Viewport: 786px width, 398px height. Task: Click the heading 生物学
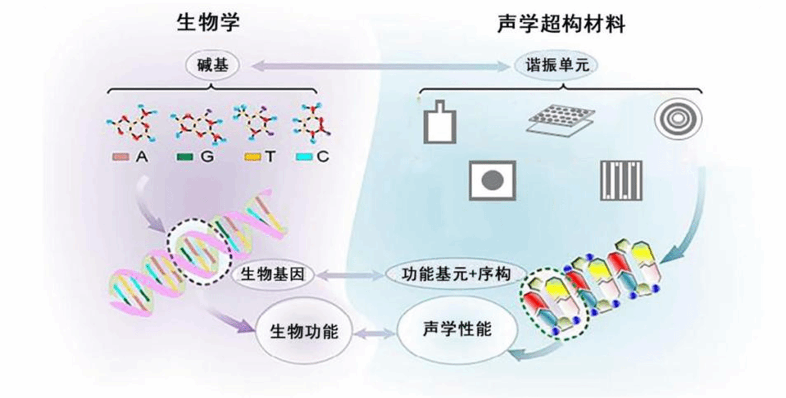pyautogui.click(x=208, y=23)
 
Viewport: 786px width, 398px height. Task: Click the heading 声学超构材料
pyautogui.click(x=561, y=24)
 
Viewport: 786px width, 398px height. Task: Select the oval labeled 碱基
pyautogui.click(x=212, y=65)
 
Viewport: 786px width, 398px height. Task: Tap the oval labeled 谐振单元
pyautogui.click(x=556, y=65)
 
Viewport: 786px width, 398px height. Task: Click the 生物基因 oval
pyautogui.click(x=272, y=274)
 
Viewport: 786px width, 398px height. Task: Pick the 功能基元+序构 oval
pyautogui.click(x=456, y=274)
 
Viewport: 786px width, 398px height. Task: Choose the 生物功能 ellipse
pyautogui.click(x=304, y=331)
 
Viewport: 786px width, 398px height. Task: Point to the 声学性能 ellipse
pyautogui.click(x=457, y=329)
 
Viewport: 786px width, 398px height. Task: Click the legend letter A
pyautogui.click(x=142, y=157)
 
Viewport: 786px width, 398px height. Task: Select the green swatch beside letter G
pyautogui.click(x=184, y=157)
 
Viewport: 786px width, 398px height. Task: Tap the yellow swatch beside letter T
pyautogui.click(x=253, y=157)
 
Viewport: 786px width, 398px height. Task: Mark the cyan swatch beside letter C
pyautogui.click(x=304, y=157)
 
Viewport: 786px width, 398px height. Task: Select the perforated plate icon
pyautogui.click(x=560, y=120)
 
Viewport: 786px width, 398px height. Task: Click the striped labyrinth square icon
pyautogui.click(x=621, y=181)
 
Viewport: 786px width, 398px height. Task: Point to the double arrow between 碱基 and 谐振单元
pyautogui.click(x=381, y=66)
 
